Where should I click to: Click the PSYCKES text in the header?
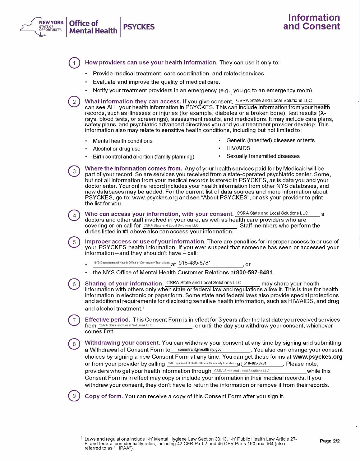[x=139, y=27]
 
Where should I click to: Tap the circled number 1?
[x=74, y=63]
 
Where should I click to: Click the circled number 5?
[x=74, y=242]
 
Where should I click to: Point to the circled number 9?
[x=74, y=396]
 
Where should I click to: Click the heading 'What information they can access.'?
[x=133, y=102]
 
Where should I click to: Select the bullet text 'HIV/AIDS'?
[x=238, y=148]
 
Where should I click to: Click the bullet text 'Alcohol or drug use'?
[x=116, y=149]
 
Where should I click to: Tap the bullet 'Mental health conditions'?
[x=123, y=141]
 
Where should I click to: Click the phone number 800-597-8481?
[x=254, y=273]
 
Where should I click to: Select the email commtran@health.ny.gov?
[x=199, y=349]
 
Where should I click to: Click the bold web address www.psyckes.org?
[x=318, y=357]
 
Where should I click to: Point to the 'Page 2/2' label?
[x=329, y=441]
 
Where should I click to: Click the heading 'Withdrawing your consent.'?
[x=122, y=343]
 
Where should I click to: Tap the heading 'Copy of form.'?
[x=104, y=396]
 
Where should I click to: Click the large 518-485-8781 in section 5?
[x=195, y=263]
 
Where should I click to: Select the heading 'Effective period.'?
[x=107, y=320]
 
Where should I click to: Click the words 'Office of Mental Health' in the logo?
[x=93, y=27]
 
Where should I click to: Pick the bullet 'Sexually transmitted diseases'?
[x=263, y=156]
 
